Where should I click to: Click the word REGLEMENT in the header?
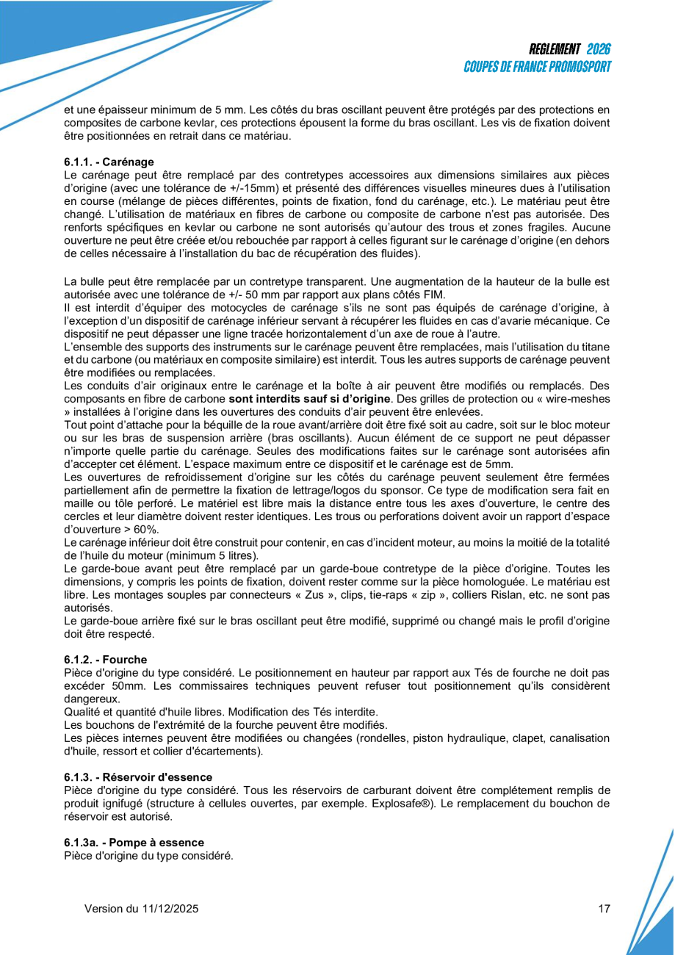click(555, 50)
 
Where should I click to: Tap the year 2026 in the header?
click(599, 50)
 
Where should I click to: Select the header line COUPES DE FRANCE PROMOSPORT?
click(538, 67)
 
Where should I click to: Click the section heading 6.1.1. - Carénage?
click(109, 162)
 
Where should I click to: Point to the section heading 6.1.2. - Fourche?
click(105, 660)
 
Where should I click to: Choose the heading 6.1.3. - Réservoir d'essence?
click(138, 777)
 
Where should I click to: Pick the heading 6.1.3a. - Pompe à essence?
click(134, 843)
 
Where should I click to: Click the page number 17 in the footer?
click(604, 909)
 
